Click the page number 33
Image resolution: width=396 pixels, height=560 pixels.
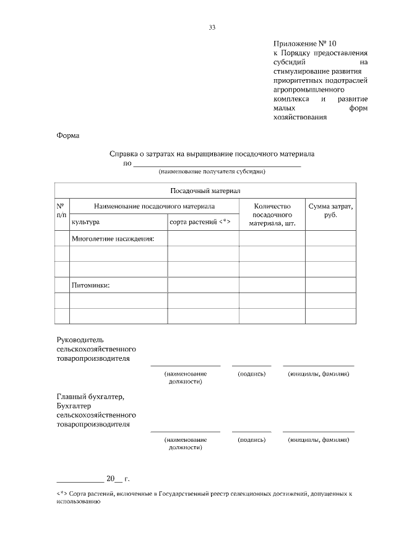[212, 27]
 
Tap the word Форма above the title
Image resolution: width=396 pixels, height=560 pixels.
[68, 135]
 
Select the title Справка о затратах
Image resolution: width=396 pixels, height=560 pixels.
[212, 155]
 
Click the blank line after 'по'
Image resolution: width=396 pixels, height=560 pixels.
[217, 164]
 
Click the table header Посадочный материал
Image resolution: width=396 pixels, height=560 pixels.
[205, 191]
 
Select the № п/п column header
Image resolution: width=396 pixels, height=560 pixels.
[61, 210]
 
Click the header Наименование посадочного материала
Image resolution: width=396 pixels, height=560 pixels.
[154, 205]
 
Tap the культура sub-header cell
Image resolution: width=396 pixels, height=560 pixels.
[86, 222]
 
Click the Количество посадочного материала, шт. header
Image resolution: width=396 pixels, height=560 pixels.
[272, 214]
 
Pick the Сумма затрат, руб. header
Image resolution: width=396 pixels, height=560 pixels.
[330, 210]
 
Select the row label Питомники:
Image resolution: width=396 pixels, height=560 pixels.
[91, 285]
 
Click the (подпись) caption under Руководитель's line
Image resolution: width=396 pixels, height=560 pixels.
[251, 374]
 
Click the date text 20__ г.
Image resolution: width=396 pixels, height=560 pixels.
[118, 478]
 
